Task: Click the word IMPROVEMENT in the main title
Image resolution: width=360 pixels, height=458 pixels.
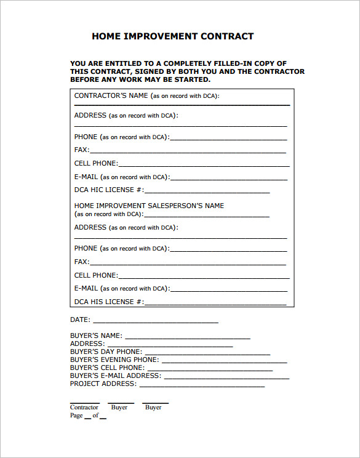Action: pos(161,36)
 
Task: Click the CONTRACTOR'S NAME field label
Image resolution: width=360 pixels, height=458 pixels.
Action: pos(111,96)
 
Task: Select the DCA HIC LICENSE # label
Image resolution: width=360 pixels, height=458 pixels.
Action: pos(109,190)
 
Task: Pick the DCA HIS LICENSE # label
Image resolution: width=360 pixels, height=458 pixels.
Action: pos(109,302)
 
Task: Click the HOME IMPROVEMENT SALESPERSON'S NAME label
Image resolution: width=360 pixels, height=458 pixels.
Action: pos(149,206)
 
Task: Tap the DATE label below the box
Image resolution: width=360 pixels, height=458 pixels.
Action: pos(80,320)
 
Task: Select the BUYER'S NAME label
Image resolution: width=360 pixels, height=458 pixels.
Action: pos(96,336)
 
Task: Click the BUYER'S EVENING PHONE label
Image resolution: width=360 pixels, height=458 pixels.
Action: pos(114,360)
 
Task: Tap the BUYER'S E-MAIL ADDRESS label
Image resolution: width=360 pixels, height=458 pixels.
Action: pos(116,376)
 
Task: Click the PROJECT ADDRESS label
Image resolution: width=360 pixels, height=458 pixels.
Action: pos(103,384)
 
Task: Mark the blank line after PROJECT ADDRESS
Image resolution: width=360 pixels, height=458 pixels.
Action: pos(202,386)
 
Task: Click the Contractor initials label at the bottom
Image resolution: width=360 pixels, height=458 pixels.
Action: pos(84,408)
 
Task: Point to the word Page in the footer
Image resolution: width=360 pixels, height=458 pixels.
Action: pos(76,416)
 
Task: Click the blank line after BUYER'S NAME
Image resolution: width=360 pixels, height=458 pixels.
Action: pos(187,338)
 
